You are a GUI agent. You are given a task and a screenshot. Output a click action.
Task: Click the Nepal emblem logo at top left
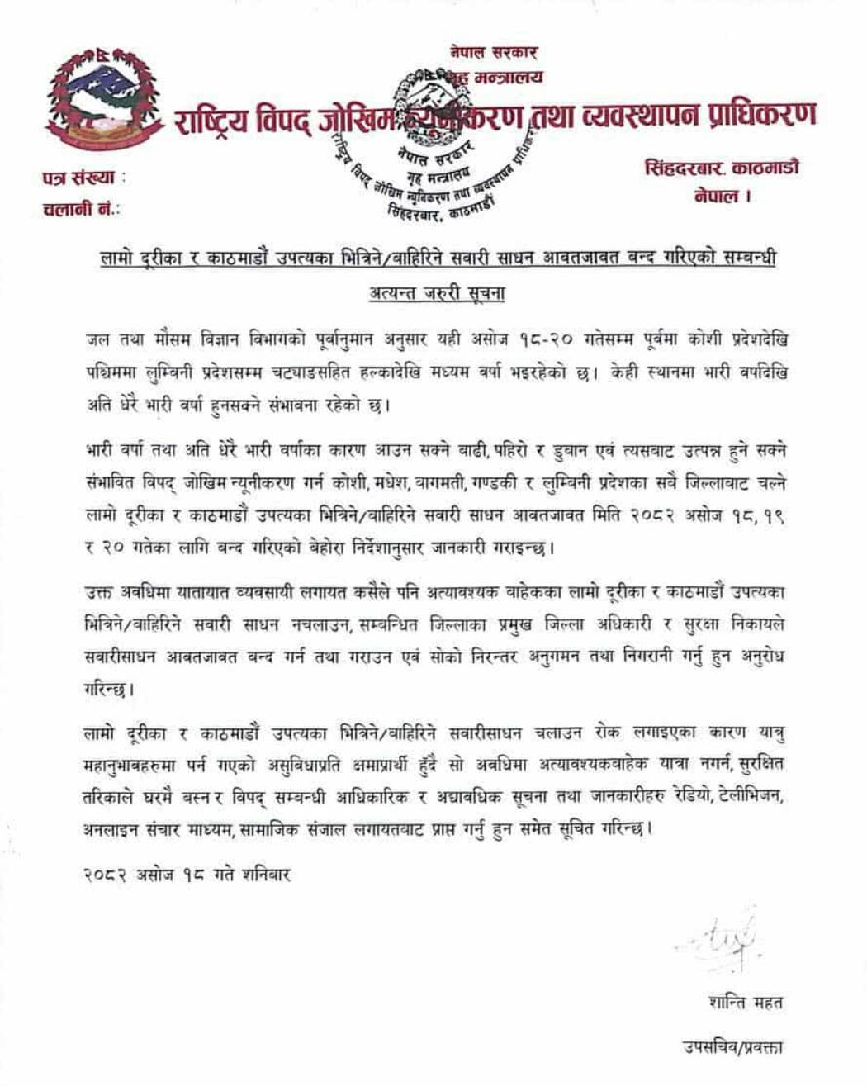(x=102, y=100)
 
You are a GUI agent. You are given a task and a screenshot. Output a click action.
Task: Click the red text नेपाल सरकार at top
(x=493, y=52)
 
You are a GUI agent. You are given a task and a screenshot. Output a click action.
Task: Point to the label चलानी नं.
(x=81, y=208)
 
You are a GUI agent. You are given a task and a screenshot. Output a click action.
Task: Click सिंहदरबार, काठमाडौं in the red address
(x=721, y=168)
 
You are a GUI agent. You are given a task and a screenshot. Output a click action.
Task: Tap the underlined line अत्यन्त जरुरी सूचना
(x=437, y=293)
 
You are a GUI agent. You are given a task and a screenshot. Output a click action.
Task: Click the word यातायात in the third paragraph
(x=199, y=591)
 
